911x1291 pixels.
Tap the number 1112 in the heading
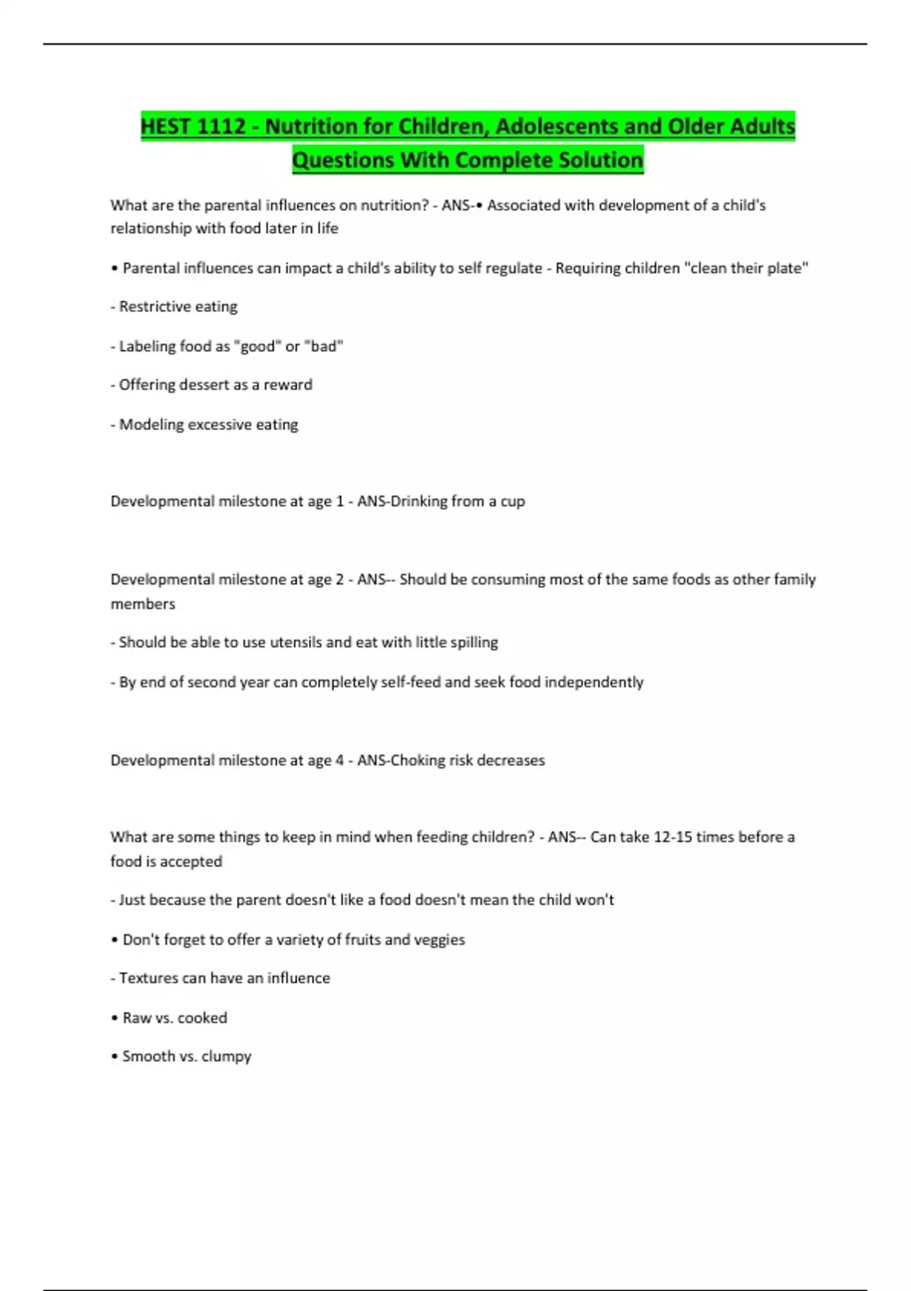tap(221, 126)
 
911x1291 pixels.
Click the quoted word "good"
tap(257, 346)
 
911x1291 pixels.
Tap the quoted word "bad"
tap(324, 346)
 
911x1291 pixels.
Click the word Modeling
tap(151, 425)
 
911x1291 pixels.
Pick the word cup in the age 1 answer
tap(512, 501)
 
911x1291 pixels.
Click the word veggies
tap(440, 939)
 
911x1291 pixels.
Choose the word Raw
tap(137, 1018)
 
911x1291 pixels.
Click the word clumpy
tap(226, 1056)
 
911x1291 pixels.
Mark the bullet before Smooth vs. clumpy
tap(115, 1056)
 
